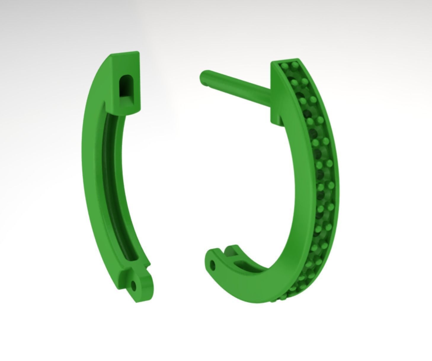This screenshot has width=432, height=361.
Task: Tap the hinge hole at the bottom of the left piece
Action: (x=135, y=286)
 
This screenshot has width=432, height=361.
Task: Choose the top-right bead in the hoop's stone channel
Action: (x=295, y=64)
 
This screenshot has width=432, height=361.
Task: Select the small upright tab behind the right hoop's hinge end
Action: (x=234, y=250)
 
